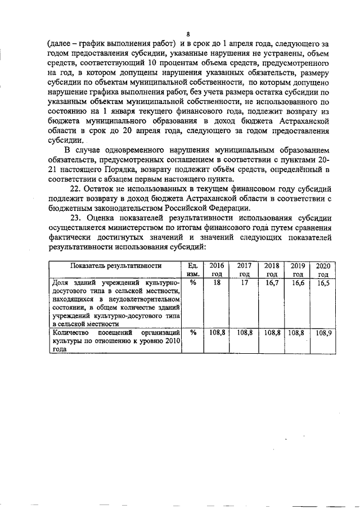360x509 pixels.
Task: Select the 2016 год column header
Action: click(x=217, y=269)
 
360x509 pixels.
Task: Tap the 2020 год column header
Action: click(x=323, y=269)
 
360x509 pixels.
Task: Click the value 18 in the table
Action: click(x=217, y=283)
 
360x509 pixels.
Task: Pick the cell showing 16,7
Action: click(x=272, y=283)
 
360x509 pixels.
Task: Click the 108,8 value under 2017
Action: click(x=244, y=332)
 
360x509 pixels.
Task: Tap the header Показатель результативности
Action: click(x=116, y=265)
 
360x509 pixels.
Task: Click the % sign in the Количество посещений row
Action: click(x=193, y=332)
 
